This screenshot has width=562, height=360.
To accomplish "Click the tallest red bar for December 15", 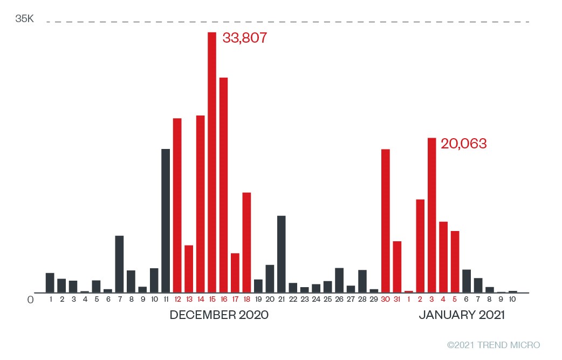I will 212,162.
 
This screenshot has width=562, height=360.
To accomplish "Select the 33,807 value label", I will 245,39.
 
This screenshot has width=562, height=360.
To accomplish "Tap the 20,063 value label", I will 464,144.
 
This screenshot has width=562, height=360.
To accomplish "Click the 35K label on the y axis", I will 24,19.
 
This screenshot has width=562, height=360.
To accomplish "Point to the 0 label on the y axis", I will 30,298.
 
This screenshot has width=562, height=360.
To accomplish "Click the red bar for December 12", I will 177,205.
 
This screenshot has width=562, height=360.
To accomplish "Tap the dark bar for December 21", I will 281,254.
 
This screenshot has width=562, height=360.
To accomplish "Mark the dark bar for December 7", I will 119,264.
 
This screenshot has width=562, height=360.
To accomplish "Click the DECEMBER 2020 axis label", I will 219,315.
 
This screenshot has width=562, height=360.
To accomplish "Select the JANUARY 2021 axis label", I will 462,315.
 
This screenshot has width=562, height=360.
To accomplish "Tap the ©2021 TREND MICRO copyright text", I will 494,345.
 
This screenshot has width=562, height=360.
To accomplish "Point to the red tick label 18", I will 246,299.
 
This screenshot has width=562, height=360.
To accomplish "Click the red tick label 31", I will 397,299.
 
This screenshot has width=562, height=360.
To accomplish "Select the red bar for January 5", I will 455,261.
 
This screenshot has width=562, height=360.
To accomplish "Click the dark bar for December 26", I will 339,280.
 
